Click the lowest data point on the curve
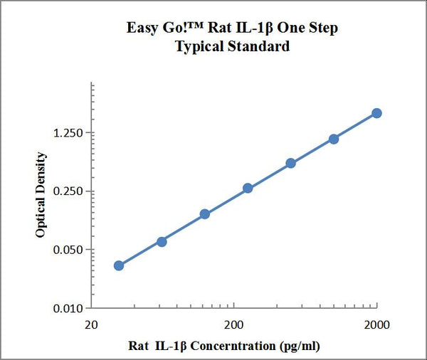tap(119, 265)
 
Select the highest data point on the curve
tap(376, 113)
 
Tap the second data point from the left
tap(162, 242)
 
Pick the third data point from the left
tap(205, 213)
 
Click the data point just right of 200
tap(248, 188)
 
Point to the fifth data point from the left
tap(291, 163)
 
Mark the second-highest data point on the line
tap(334, 139)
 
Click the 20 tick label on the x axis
tap(91, 325)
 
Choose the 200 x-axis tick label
tap(233, 325)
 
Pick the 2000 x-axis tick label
tap(376, 325)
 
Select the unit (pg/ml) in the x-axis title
tap(300, 346)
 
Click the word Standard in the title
tap(262, 47)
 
